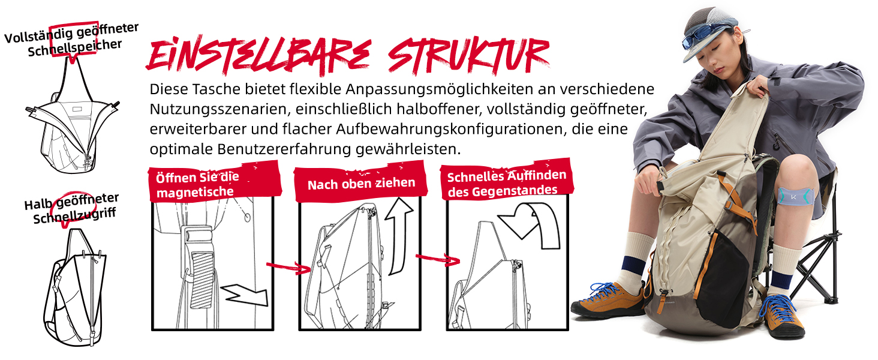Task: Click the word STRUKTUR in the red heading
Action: tap(469, 56)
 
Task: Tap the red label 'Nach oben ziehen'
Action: tap(360, 183)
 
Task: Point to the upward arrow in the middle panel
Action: tap(399, 235)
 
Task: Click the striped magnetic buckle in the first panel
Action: tap(202, 280)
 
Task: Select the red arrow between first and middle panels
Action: tap(288, 267)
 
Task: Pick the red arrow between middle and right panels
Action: tap(437, 259)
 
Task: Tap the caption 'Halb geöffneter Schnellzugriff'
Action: tap(72, 209)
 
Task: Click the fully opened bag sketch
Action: tap(73, 118)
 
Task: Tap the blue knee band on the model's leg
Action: tap(796, 196)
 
